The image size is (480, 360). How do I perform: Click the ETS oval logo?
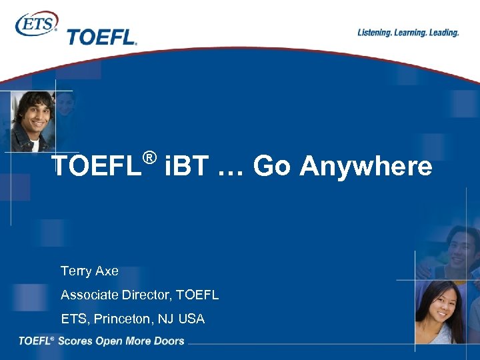36,24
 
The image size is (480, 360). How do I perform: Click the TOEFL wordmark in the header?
101,37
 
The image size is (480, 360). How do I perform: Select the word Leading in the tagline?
443,33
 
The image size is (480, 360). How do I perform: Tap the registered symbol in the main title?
149,158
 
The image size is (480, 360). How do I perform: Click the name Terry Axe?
89,271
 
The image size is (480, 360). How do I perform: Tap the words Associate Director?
117,295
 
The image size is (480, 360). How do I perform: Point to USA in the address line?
192,319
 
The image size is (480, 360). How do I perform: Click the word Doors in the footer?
168,341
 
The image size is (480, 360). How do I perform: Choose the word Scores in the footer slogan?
75,341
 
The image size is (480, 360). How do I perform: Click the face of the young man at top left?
33,113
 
